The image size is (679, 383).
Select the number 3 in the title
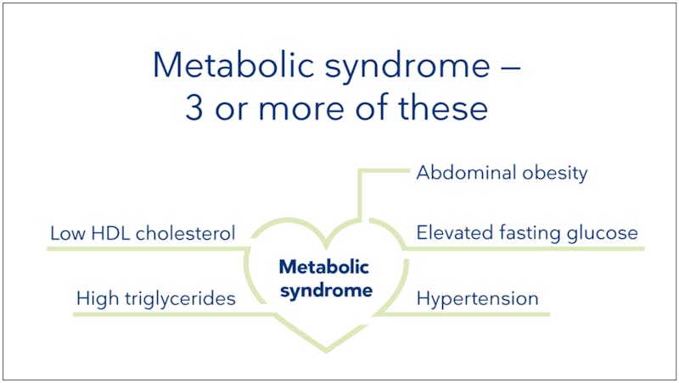pyautogui.click(x=195, y=110)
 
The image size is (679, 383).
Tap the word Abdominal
pyautogui.click(x=463, y=173)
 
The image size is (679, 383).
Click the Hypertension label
pyautogui.click(x=477, y=299)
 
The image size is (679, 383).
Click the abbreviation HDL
pyautogui.click(x=104, y=232)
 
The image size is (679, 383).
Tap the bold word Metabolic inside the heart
pyautogui.click(x=325, y=268)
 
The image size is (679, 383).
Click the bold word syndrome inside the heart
pyautogui.click(x=325, y=291)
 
